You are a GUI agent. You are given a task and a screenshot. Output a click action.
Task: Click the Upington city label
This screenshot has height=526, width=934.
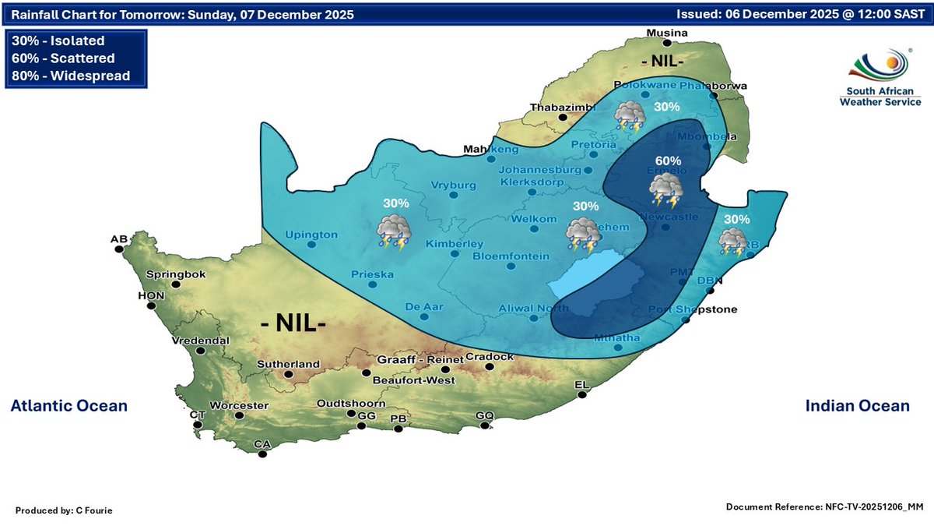pos(311,235)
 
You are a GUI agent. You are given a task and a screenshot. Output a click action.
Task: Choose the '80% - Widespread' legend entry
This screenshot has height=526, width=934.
pos(71,76)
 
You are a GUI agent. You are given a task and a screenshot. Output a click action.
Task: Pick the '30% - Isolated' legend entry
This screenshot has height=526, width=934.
pos(58,41)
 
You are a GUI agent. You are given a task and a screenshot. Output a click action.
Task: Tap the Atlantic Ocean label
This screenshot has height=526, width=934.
pos(68,406)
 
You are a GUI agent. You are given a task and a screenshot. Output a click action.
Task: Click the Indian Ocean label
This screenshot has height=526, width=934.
pos(856,406)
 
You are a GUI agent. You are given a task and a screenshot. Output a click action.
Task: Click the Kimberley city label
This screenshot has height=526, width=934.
pos(455,244)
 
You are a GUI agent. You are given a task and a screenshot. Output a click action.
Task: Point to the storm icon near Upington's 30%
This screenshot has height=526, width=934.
pos(395,232)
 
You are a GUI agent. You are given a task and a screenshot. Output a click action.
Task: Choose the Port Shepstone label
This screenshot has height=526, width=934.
pos(693,309)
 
